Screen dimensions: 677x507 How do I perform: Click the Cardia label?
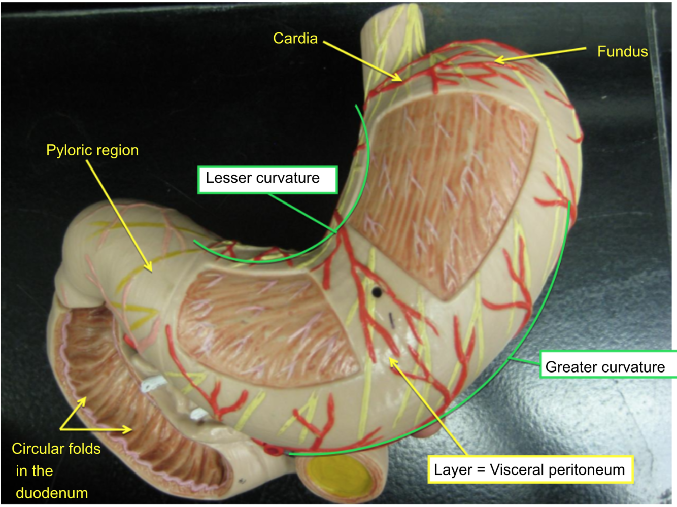click(x=295, y=39)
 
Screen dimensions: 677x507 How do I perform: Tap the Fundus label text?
click(x=622, y=52)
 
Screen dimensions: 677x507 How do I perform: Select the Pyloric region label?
click(x=92, y=150)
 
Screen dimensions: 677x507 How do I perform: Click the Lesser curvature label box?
click(x=267, y=179)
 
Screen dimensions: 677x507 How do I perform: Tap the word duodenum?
click(x=52, y=493)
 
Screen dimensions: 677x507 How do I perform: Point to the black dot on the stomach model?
click(x=377, y=291)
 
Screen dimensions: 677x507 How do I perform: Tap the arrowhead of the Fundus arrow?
click(x=497, y=60)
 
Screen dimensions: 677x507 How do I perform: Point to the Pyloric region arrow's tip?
click(x=150, y=269)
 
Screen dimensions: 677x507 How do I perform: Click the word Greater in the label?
click(x=567, y=367)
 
